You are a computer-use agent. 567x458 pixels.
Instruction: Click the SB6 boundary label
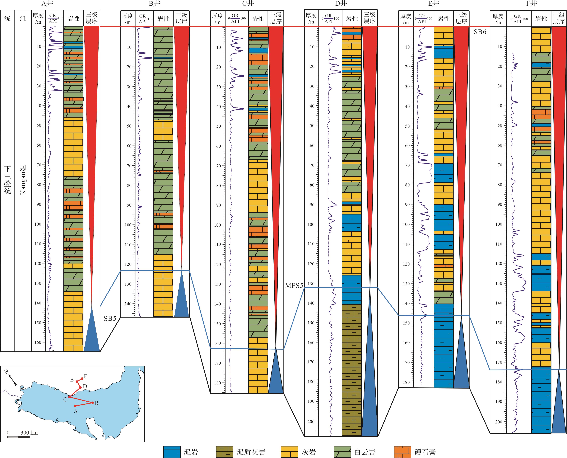(x=480, y=32)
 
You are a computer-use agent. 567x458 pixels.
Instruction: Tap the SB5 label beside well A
(x=110, y=318)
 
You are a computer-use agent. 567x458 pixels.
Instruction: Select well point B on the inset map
(x=93, y=403)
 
